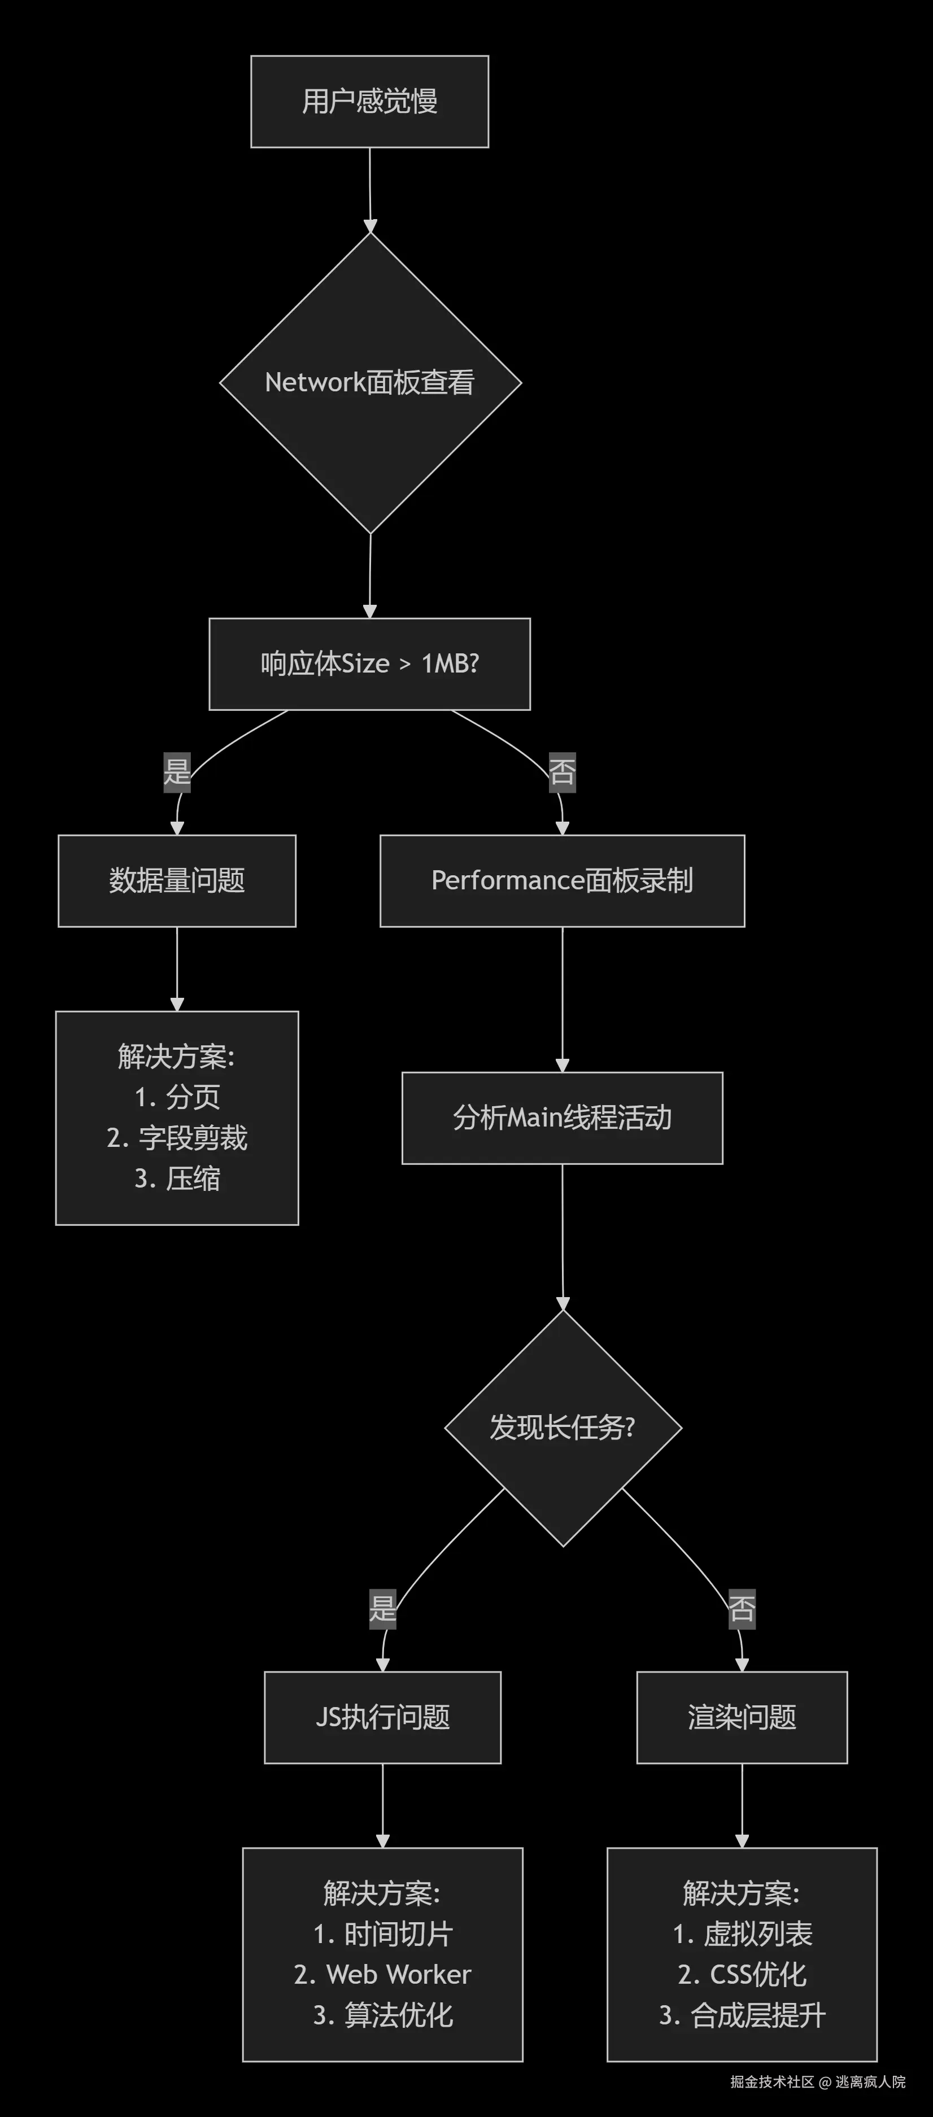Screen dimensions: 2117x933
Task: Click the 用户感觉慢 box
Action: [369, 102]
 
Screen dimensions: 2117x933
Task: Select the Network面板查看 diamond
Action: [370, 382]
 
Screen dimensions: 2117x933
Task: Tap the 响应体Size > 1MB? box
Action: [369, 664]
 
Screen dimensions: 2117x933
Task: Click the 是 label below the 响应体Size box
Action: [177, 772]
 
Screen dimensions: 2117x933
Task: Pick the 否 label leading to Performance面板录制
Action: [563, 772]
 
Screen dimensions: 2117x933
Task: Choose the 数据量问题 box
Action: [177, 881]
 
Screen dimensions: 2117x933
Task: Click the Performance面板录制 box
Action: [563, 881]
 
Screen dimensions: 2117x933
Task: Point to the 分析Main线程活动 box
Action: [563, 1118]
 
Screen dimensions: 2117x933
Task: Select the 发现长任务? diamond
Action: [563, 1428]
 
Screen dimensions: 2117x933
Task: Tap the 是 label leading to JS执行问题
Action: [383, 1608]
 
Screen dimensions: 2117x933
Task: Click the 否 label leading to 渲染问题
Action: [742, 1608]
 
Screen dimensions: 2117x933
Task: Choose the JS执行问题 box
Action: [383, 1718]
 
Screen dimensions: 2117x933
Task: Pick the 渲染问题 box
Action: [742, 1718]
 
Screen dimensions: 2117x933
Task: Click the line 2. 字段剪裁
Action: [177, 1138]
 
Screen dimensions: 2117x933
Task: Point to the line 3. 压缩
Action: [177, 1178]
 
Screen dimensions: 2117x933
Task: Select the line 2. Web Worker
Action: [383, 1974]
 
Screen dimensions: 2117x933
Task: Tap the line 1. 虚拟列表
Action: [742, 1933]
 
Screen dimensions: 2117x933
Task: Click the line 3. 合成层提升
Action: [742, 2015]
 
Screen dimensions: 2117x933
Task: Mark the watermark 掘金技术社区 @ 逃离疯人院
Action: [818, 2081]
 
